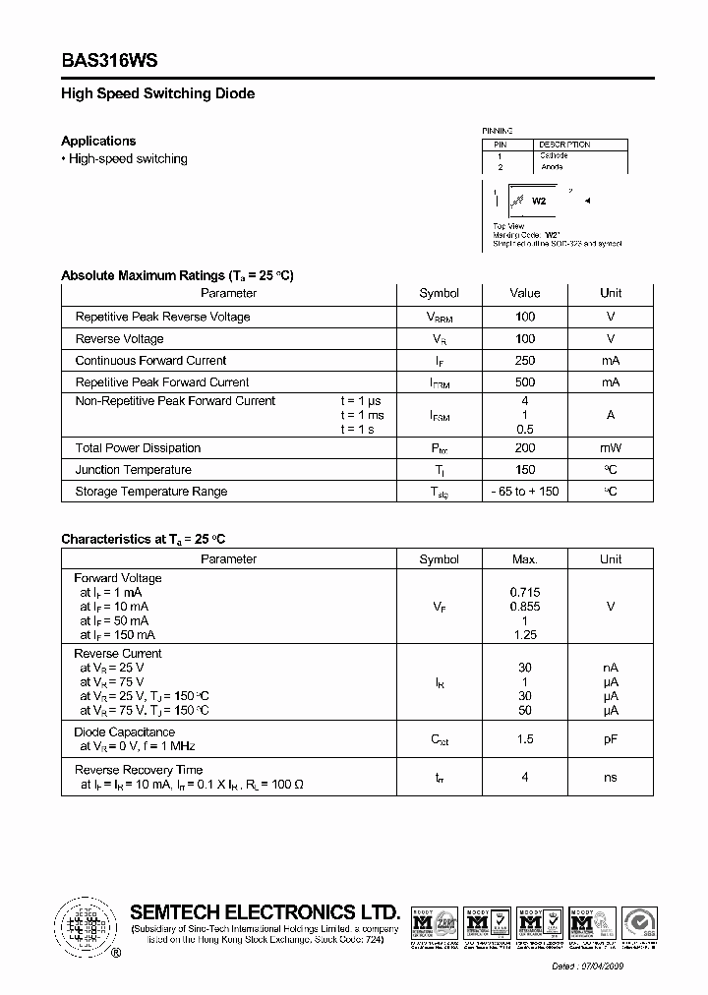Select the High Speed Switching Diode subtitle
tap(157, 93)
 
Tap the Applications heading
tap(98, 141)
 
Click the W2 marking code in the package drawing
tap(538, 201)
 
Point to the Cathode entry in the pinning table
tap(553, 155)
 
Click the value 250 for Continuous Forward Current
tap(524, 361)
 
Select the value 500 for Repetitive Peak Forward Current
tap(524, 382)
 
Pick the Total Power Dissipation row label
tap(138, 448)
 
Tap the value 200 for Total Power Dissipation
tap(524, 448)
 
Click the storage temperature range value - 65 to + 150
tap(524, 492)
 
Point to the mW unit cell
tap(611, 448)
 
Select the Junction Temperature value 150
tap(524, 470)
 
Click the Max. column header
tap(524, 559)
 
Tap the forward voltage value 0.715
tap(524, 593)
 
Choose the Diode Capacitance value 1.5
tap(524, 738)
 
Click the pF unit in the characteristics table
tap(611, 738)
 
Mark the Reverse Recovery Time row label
tap(139, 770)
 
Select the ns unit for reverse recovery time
tap(611, 777)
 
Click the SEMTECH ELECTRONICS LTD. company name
tap(265, 911)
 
